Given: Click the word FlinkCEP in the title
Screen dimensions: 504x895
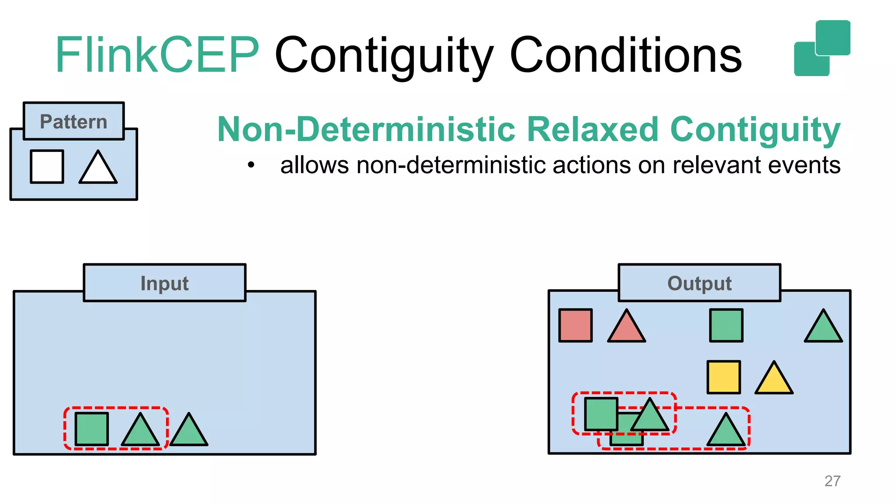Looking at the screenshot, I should click(x=157, y=55).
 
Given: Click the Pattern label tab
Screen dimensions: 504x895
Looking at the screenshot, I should click(x=74, y=121).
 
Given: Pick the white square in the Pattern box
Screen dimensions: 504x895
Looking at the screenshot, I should click(x=47, y=166).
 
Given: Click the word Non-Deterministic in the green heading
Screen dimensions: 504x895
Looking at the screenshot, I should click(x=366, y=129).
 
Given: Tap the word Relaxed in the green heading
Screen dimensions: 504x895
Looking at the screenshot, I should click(x=593, y=129).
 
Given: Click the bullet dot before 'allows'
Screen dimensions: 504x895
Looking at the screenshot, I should click(x=251, y=165).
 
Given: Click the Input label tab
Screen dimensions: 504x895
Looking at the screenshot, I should click(x=164, y=283).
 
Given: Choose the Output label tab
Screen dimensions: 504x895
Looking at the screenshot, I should click(x=699, y=283).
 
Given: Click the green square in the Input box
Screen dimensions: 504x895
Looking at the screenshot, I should click(x=92, y=429).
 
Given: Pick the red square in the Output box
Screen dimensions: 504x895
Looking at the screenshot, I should click(x=576, y=325).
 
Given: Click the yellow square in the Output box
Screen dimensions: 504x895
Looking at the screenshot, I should click(x=724, y=377).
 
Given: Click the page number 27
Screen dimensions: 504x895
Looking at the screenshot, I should click(x=832, y=481).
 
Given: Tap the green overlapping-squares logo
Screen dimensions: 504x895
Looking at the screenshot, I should click(x=822, y=48).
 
